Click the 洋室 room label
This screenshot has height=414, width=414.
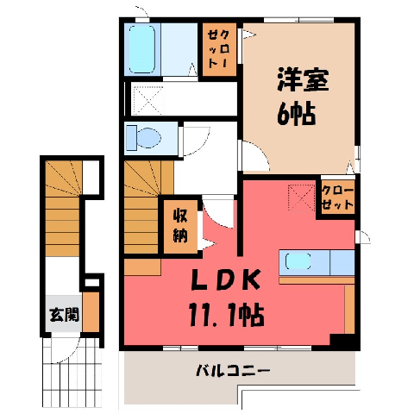point(303,79)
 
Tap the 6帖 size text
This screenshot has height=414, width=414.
point(297,114)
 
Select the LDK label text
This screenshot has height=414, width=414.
point(226,279)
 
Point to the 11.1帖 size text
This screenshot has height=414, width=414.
point(226,315)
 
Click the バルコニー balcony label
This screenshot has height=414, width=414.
point(233,371)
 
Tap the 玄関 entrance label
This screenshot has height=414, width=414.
point(64,315)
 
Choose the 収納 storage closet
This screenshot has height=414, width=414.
point(180,227)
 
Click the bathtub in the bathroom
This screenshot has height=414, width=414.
point(142,49)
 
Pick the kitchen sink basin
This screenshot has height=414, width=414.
point(298,261)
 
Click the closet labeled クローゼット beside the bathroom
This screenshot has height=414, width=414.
point(219,49)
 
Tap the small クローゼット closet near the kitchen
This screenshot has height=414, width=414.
point(337,197)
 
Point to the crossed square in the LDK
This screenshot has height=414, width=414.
point(301,198)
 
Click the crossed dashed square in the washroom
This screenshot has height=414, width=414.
point(147,99)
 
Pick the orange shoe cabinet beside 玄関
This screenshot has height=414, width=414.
point(91,312)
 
